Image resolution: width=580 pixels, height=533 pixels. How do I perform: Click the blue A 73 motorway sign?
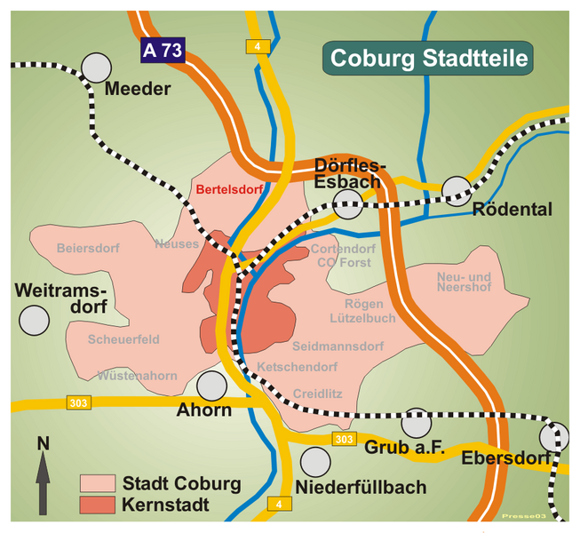point(163,51)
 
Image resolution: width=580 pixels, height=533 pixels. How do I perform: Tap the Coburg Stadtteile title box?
point(429,59)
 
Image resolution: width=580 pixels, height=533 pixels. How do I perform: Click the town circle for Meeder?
point(97,67)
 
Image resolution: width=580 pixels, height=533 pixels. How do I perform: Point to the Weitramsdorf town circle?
point(34,320)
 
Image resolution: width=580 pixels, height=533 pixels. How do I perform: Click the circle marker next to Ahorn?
point(211,386)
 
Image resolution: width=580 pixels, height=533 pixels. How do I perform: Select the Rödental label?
point(512,211)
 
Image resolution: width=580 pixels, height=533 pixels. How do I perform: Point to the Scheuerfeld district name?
point(123,339)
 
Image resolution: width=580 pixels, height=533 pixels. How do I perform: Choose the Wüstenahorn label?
point(138,376)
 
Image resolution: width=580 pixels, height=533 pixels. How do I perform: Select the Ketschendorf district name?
point(297,367)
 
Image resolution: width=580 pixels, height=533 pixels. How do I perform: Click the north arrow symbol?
point(42,474)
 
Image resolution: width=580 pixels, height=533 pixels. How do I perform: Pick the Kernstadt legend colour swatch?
point(97,505)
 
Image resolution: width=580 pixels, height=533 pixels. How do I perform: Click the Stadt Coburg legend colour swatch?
point(97,483)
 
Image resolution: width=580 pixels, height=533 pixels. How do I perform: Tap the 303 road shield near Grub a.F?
point(344,440)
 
